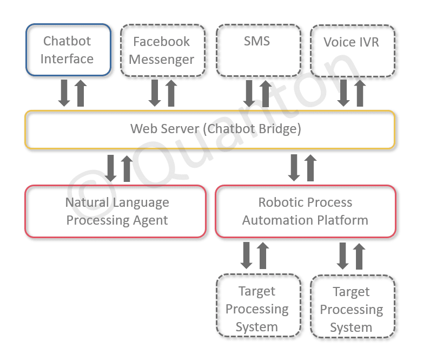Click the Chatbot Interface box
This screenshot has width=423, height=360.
(68, 50)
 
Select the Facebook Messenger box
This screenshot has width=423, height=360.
(162, 50)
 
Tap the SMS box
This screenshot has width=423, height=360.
(258, 50)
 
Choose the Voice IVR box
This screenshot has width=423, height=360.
(352, 50)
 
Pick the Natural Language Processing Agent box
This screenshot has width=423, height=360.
(116, 211)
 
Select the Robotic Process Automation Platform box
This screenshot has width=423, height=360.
(305, 211)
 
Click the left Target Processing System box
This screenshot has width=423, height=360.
(257, 306)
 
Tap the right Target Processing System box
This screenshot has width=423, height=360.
(352, 306)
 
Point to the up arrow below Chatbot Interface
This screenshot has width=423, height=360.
(81, 93)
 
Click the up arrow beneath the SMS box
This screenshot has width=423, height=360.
(266, 93)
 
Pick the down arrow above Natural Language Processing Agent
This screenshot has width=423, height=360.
(111, 168)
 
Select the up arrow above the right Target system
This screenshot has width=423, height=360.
(359, 256)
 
